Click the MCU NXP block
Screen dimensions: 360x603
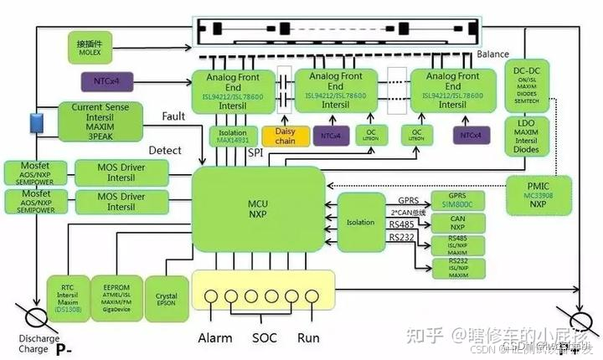coord(258,208)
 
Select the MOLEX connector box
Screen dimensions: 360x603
coord(89,46)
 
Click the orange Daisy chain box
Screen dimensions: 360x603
coord(286,136)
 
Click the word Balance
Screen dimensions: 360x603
coord(493,54)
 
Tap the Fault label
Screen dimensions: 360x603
coord(173,117)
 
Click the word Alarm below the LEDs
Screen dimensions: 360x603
coord(215,338)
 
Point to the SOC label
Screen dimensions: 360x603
coord(264,338)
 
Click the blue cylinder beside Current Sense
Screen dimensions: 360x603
coord(36,122)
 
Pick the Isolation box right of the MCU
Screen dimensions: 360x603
coord(361,223)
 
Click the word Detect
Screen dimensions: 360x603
coord(165,151)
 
